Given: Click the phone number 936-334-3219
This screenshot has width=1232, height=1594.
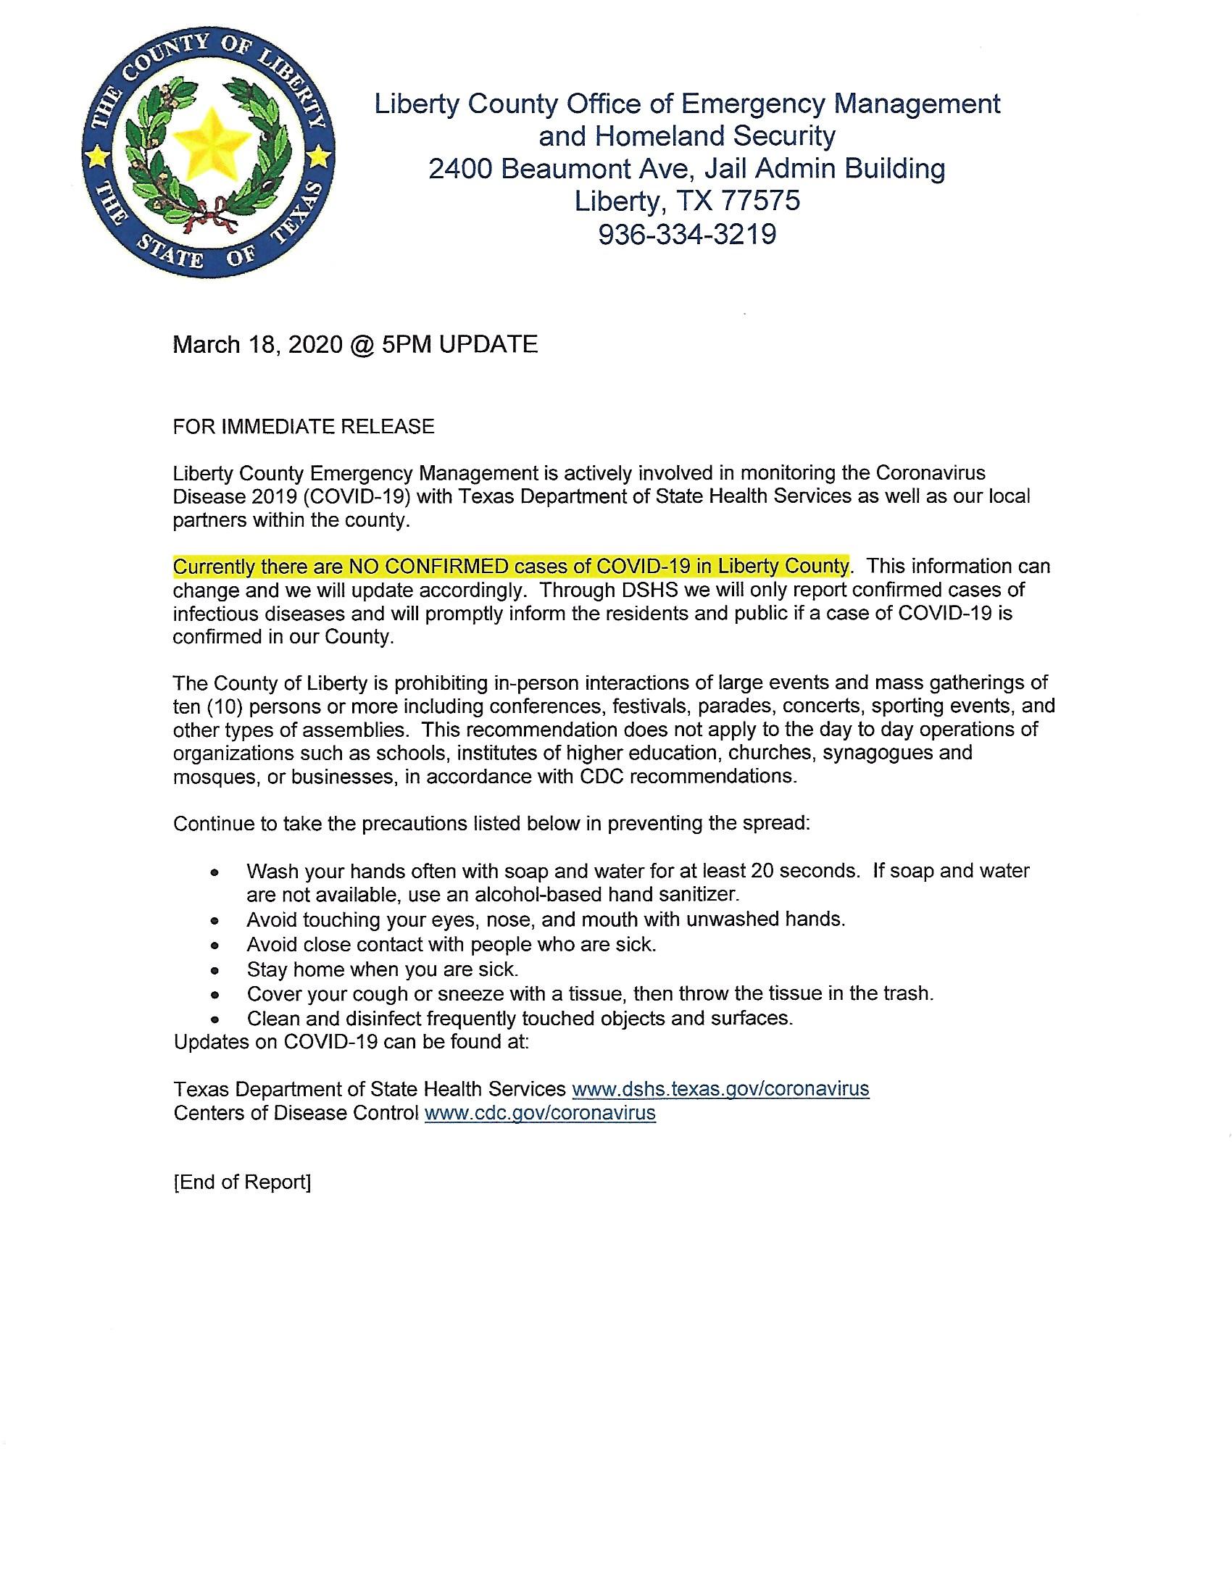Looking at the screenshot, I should [x=687, y=234].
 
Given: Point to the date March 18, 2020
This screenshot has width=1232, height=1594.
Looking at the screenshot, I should [x=257, y=344].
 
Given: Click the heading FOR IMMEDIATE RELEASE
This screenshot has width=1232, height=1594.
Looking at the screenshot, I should [x=304, y=426].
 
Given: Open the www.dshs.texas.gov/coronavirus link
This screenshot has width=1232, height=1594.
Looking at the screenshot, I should [x=720, y=1089].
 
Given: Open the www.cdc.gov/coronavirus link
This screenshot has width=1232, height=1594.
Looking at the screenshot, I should [x=540, y=1112].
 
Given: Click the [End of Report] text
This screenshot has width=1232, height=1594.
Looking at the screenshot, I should [x=242, y=1182].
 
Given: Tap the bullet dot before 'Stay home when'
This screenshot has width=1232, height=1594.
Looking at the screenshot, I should [x=214, y=971].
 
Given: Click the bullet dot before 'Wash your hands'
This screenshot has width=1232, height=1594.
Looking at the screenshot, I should [x=214, y=872].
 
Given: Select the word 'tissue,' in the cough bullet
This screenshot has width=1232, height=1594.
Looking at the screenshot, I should [x=591, y=993].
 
